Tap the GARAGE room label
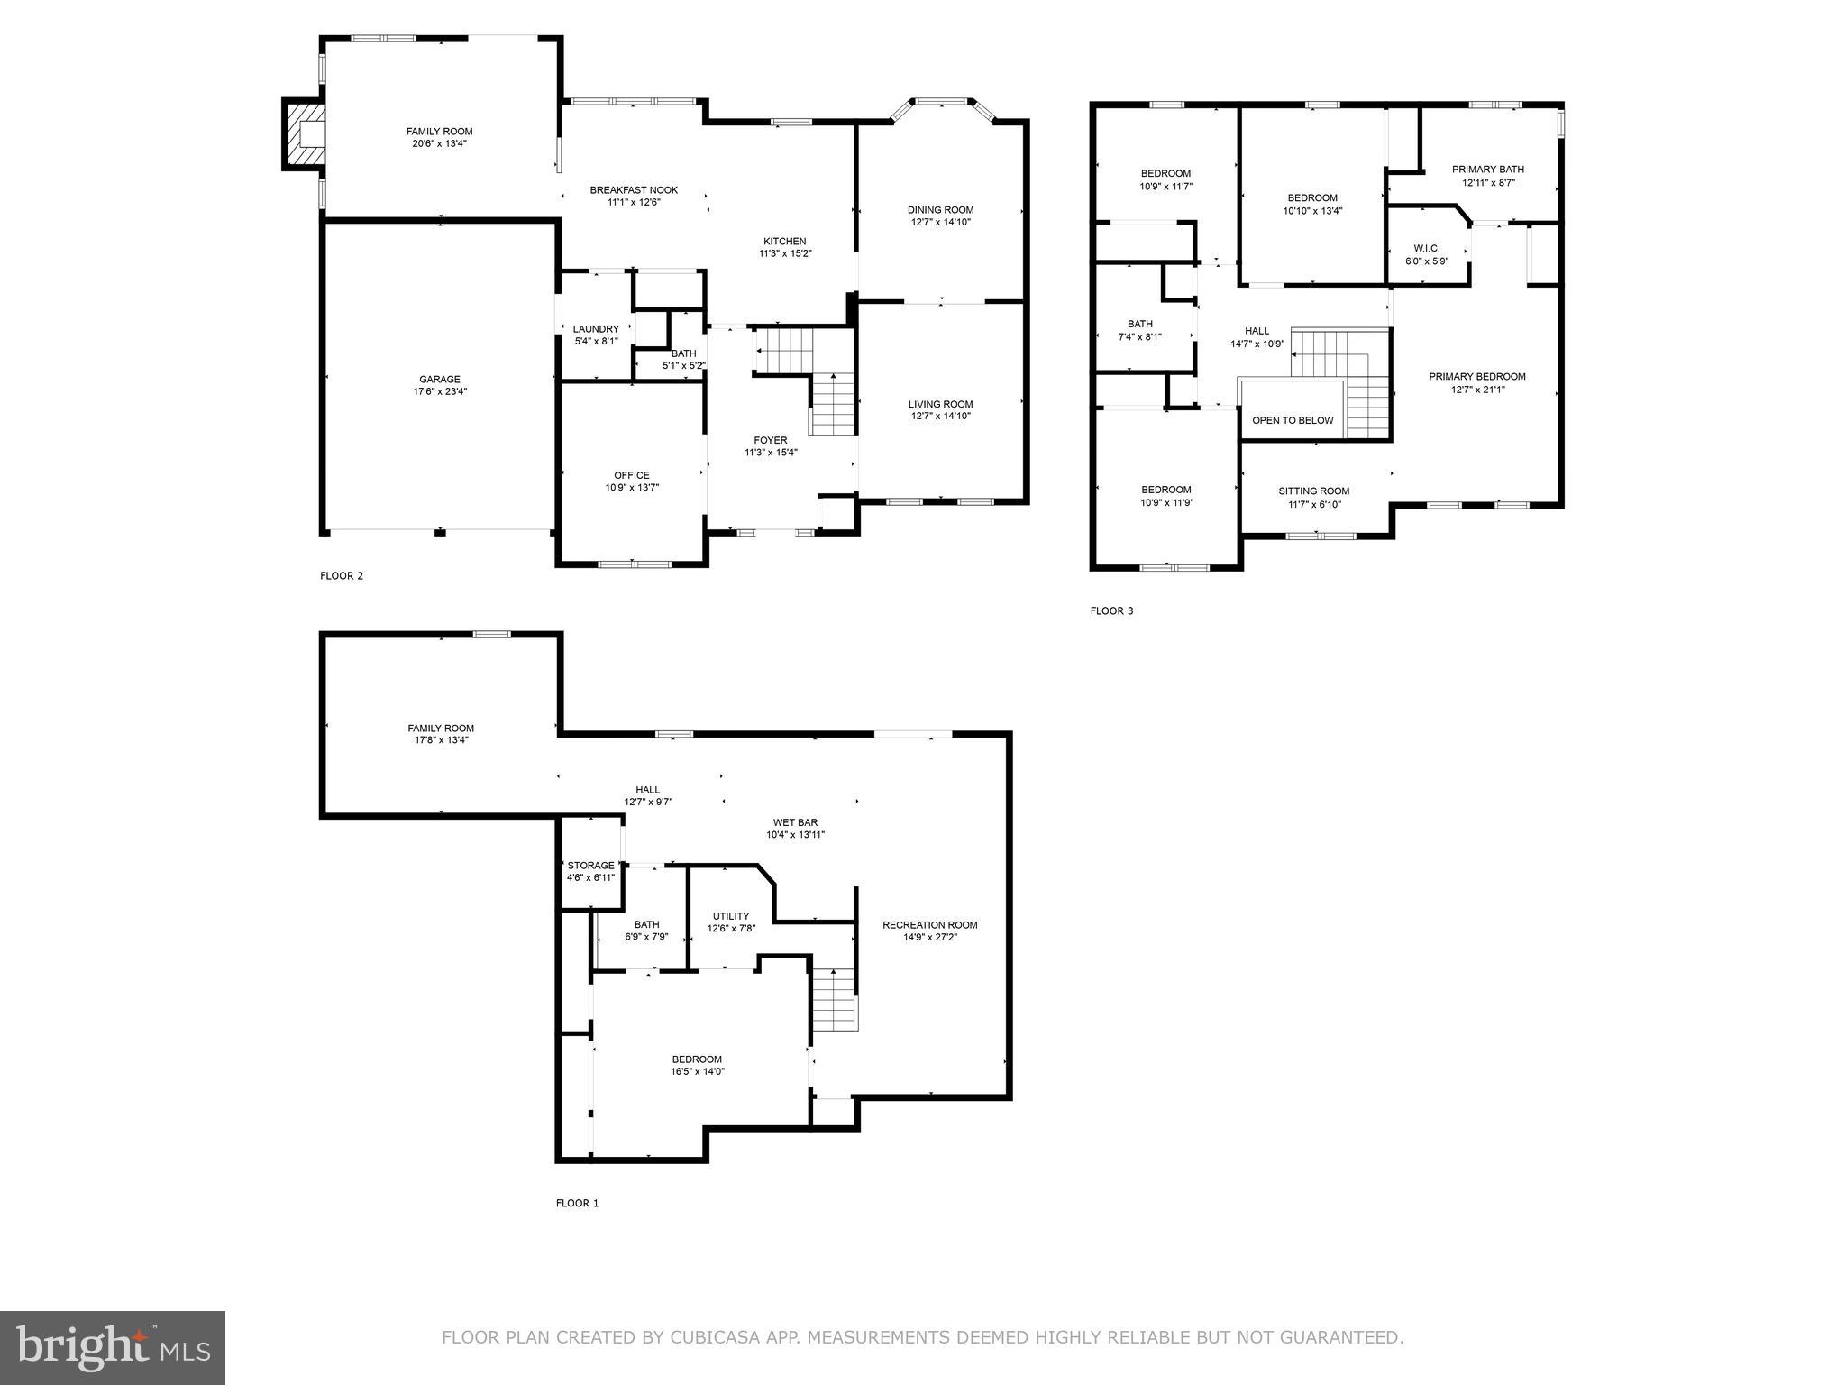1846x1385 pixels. tap(439, 380)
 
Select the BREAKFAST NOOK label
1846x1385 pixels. tap(634, 190)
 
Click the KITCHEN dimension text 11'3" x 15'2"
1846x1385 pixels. tap(785, 253)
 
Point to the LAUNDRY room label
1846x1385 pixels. tap(596, 329)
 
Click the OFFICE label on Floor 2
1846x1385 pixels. tap(631, 475)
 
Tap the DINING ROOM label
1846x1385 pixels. tap(940, 210)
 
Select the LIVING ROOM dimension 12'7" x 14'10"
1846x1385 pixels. tap(940, 416)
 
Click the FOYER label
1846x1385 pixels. tap(771, 440)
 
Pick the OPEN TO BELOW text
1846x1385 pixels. tap(1293, 420)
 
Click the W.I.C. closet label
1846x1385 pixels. tap(1427, 248)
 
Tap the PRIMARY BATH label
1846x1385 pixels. tap(1487, 169)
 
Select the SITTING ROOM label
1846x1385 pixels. tap(1314, 491)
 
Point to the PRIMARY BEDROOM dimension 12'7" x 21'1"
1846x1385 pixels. tap(1476, 390)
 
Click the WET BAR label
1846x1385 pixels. tap(795, 822)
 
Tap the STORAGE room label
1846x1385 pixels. tap(590, 866)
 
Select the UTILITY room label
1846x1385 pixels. tap(731, 916)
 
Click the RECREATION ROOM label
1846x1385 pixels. tap(929, 924)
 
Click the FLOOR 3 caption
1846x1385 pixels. tap(1111, 610)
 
